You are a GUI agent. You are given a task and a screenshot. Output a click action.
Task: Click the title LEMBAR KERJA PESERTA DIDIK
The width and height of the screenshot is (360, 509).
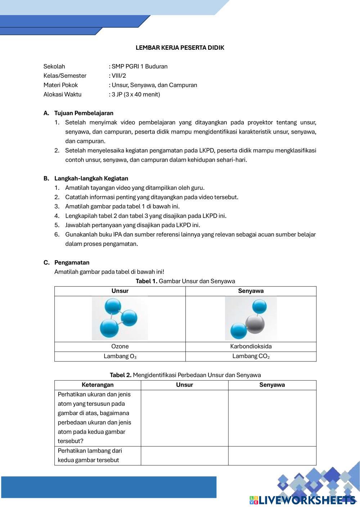coord(180,48)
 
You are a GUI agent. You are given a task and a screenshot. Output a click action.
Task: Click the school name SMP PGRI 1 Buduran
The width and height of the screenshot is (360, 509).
coord(139,66)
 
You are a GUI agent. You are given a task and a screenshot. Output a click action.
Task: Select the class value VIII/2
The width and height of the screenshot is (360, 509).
coord(119,76)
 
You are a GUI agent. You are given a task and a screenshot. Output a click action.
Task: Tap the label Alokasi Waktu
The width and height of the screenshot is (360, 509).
coord(62,94)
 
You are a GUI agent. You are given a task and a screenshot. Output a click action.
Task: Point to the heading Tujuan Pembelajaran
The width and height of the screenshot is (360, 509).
coord(84,113)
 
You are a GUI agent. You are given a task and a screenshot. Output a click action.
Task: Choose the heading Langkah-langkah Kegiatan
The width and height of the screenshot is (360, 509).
coord(91,178)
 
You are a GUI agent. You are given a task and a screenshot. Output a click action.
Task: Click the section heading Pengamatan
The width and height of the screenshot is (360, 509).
coord(72,262)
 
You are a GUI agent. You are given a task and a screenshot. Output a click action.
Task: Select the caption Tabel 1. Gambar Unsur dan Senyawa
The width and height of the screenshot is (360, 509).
coord(185,281)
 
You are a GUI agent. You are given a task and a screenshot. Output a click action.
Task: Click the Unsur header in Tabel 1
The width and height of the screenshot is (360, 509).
coord(120,291)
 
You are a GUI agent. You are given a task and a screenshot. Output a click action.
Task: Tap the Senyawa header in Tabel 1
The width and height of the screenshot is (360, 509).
coord(251,291)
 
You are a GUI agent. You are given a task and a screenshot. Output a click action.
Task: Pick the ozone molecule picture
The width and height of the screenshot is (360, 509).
coord(120,318)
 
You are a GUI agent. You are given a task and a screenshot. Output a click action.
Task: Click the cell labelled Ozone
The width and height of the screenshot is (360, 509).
coord(120,346)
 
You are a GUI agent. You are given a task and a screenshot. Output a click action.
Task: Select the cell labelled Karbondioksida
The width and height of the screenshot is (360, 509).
coord(251,346)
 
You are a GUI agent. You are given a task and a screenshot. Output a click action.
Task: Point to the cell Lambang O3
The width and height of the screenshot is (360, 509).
coord(120,356)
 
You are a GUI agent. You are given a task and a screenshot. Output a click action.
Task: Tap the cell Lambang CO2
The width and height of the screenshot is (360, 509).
coord(251,356)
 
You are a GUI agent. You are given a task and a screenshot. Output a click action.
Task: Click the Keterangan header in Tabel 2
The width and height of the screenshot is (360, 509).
coord(98,385)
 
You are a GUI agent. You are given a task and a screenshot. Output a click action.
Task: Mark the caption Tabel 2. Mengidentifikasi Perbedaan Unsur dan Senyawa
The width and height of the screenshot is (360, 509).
coord(185,375)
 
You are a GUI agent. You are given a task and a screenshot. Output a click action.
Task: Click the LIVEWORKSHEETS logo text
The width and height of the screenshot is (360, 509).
coord(306,500)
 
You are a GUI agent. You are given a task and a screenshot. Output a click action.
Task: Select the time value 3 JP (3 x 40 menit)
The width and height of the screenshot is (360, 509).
coord(136,94)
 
